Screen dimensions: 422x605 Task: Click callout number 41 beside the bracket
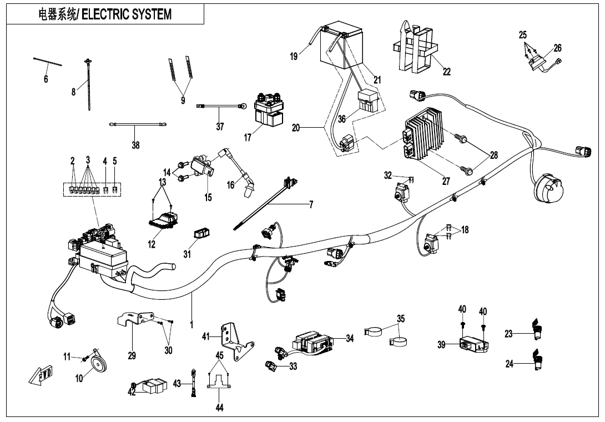pos(206,336)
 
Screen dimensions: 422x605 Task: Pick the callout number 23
pos(508,334)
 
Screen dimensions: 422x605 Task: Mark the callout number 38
pos(135,145)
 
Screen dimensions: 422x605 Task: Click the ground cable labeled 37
pos(220,104)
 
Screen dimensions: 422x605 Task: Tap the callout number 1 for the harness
pos(192,324)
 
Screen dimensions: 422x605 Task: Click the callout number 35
pos(401,318)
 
